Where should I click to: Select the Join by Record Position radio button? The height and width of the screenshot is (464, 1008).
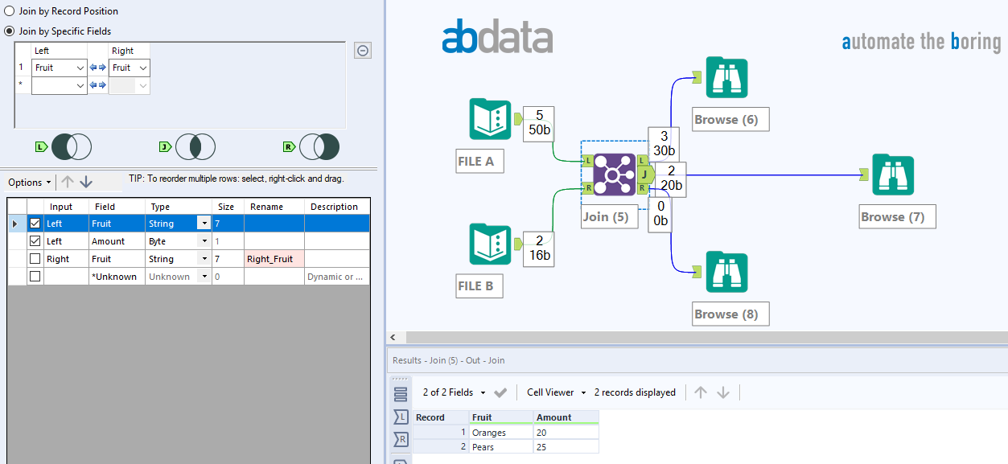(9, 10)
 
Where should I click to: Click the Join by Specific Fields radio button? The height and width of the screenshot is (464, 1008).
(9, 31)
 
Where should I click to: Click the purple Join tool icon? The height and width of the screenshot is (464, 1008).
(615, 175)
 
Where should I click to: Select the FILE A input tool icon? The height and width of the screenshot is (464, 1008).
(490, 120)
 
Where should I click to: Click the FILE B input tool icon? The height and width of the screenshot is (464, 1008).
(490, 244)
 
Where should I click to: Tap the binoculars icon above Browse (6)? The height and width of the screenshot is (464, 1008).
(726, 77)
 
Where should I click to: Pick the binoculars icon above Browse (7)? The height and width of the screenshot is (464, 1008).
(893, 175)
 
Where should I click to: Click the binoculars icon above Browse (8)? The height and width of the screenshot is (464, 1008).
(726, 272)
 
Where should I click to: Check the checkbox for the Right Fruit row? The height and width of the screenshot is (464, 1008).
(35, 259)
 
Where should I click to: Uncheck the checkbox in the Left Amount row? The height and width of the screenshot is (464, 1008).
(35, 241)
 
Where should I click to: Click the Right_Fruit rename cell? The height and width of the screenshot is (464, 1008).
(274, 259)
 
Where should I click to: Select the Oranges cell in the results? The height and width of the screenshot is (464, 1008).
(500, 433)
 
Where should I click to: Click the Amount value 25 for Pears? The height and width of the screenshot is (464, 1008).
(566, 447)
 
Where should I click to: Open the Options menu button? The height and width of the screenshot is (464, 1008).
(30, 183)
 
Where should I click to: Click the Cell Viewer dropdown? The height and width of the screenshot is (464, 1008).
(556, 392)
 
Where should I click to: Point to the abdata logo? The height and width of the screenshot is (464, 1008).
(497, 37)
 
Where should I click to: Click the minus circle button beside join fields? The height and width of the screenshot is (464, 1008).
(363, 51)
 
